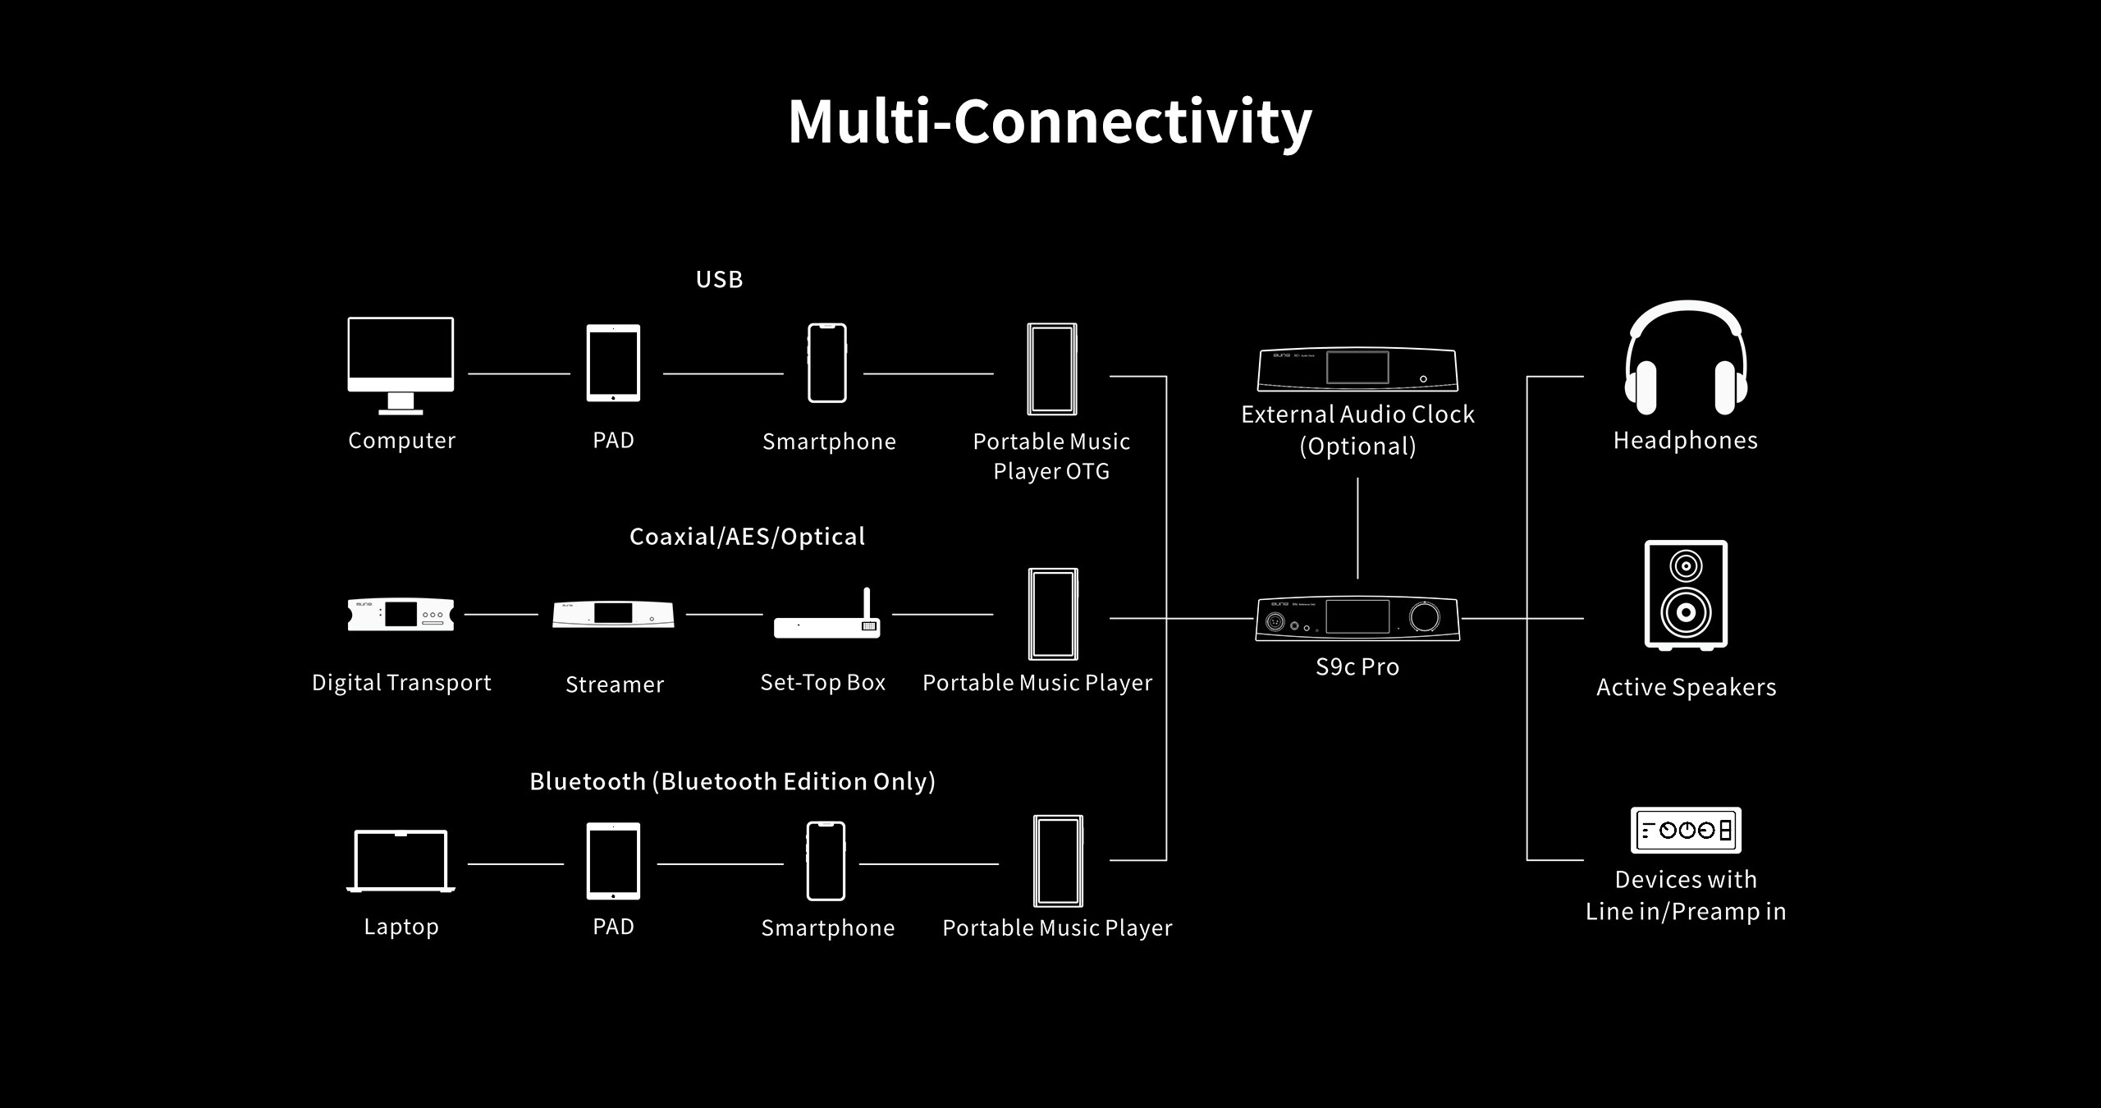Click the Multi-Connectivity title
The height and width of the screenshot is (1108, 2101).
(x=1050, y=122)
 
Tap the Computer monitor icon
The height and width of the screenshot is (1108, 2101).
(x=401, y=365)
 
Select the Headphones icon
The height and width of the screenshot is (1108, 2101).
(x=1686, y=358)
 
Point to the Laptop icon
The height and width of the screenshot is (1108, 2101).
(x=401, y=861)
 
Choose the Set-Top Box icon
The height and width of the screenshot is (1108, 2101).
(x=827, y=615)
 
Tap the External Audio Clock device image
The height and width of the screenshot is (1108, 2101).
(x=1357, y=370)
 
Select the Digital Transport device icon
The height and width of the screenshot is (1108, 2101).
(x=401, y=615)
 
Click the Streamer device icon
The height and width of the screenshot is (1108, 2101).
(x=614, y=615)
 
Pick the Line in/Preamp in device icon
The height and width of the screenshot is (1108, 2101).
(x=1686, y=831)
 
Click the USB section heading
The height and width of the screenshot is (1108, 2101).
(x=719, y=280)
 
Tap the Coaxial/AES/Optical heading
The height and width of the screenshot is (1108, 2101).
(x=747, y=537)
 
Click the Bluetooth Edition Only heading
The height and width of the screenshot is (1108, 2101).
(x=732, y=781)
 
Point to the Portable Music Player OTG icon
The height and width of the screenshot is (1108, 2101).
(x=1052, y=369)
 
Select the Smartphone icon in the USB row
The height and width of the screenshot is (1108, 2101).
(x=827, y=363)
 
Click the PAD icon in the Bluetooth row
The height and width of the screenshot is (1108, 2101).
(x=613, y=861)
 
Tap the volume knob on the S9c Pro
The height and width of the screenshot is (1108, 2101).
(x=1425, y=618)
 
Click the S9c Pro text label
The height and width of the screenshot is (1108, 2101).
(x=1357, y=666)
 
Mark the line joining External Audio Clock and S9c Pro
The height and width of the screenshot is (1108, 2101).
(x=1357, y=529)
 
